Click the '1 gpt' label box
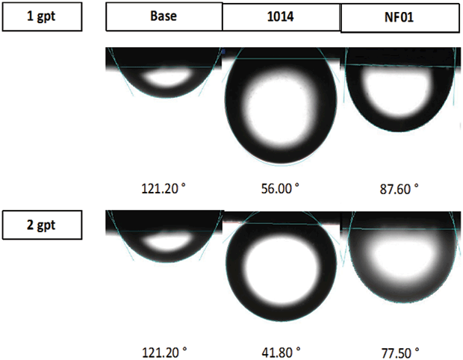(42, 16)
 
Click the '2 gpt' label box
(42, 225)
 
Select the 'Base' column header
(164, 16)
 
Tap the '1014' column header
(281, 16)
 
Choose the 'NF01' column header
(400, 17)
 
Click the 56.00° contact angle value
(280, 188)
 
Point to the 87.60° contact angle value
(400, 189)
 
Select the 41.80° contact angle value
(281, 353)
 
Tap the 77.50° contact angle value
(400, 353)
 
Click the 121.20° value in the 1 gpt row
(164, 188)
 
